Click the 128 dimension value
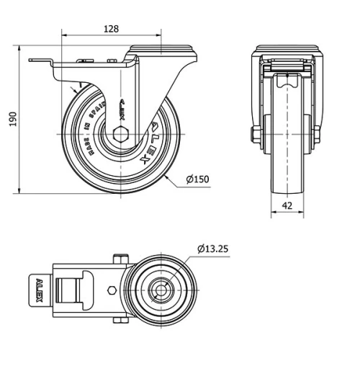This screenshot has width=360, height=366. coord(111,29)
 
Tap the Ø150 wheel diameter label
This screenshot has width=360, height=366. coord(197,179)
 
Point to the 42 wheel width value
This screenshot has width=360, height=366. coord(287,205)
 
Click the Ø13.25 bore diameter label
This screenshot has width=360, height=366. coord(213,249)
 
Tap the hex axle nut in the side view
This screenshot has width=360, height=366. coord(120,135)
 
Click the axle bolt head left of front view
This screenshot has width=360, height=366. coord(255,135)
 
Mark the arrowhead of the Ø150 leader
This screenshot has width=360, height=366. coord(166,174)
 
